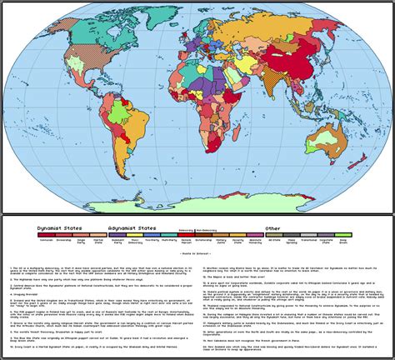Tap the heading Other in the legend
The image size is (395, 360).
[x=272, y=226]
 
